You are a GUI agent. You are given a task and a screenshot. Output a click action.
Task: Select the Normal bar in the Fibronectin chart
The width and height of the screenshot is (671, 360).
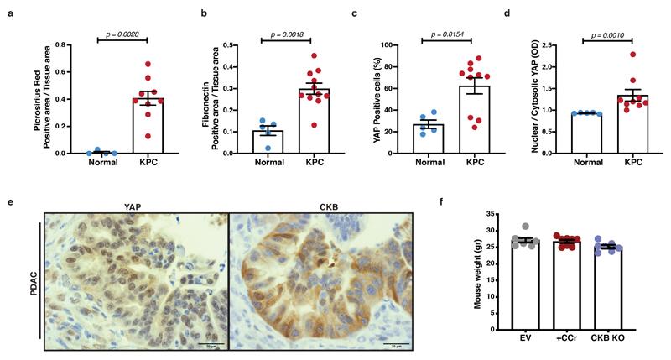point(243,142)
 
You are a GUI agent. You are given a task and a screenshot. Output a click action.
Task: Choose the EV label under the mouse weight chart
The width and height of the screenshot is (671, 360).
point(527,326)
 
